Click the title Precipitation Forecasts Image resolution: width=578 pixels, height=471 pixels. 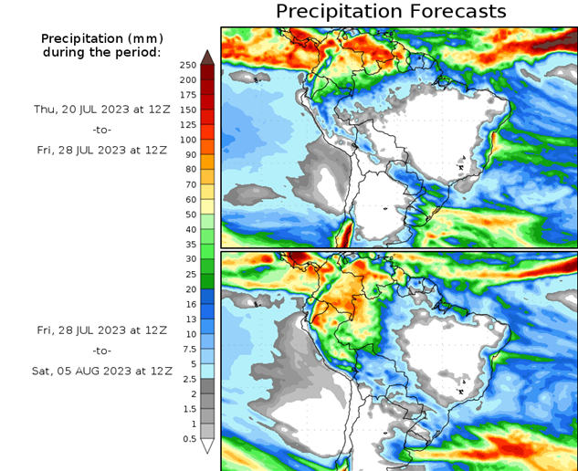(x=390, y=12)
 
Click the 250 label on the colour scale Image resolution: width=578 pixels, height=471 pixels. (x=188, y=65)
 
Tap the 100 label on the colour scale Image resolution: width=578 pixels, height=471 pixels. (x=188, y=140)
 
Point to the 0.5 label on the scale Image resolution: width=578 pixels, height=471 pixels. (x=188, y=439)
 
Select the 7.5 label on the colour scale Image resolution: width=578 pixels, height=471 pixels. (x=188, y=349)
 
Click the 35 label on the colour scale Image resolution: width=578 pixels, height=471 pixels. (x=188, y=245)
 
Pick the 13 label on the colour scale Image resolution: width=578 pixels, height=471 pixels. (x=188, y=319)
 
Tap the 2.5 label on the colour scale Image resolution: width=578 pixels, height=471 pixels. (x=188, y=379)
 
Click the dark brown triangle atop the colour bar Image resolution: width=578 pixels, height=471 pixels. (x=207, y=57)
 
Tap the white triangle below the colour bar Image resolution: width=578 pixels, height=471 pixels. (x=207, y=446)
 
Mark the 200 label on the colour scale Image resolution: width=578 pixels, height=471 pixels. (x=188, y=79)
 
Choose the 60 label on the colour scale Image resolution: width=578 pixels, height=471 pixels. (x=188, y=199)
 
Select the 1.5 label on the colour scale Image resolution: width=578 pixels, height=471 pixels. (x=188, y=409)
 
